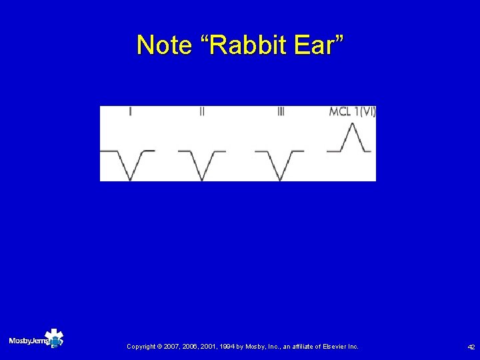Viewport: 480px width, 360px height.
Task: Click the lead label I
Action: (129, 113)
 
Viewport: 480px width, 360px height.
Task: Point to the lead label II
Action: (202, 113)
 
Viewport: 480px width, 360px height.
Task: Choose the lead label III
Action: (281, 113)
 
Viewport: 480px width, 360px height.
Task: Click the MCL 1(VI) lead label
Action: (352, 112)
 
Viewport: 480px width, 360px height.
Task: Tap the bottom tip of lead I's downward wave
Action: (130, 179)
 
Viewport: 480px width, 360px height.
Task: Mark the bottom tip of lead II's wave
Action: (202, 179)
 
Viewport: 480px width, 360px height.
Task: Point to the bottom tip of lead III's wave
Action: (279, 179)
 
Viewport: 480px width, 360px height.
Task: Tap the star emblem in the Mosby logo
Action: (53, 338)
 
